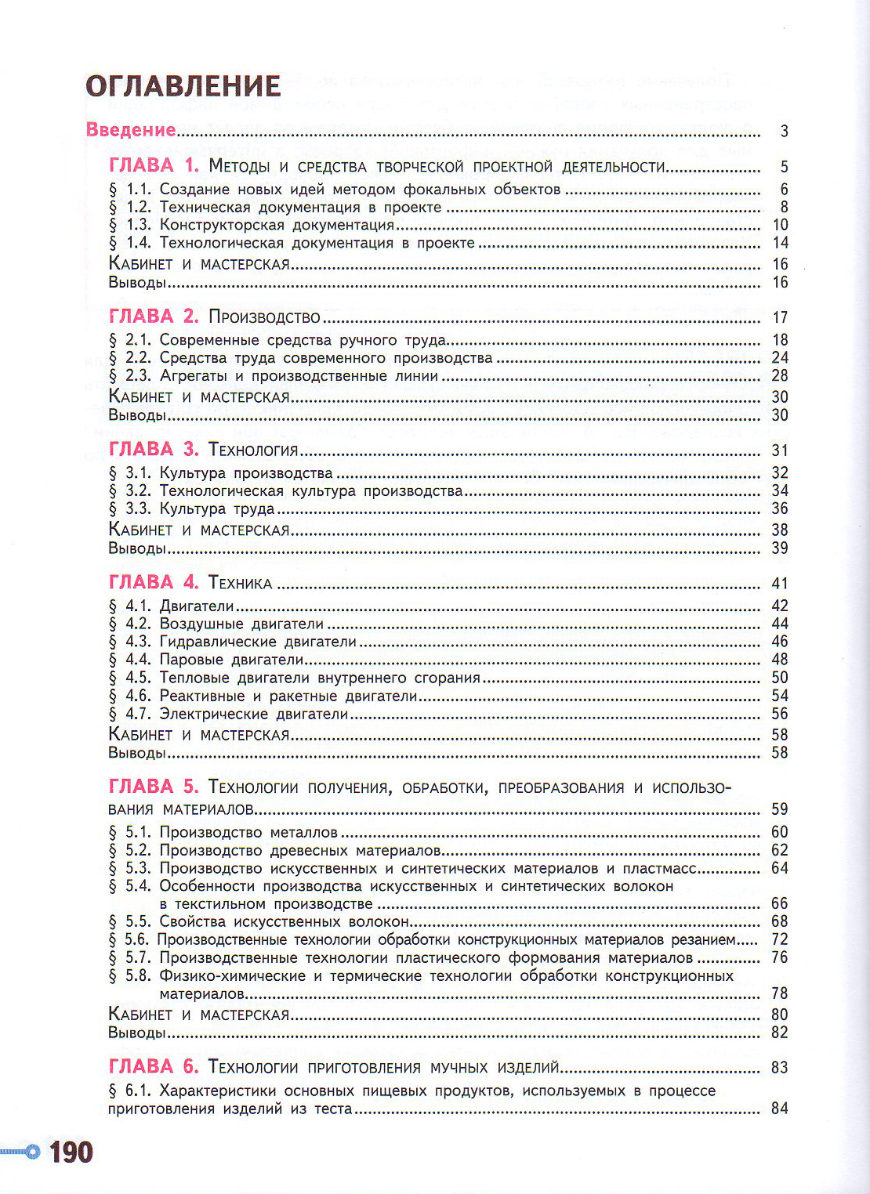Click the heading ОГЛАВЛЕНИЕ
coord(183,86)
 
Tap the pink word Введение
coord(130,130)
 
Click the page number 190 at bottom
coord(71,1152)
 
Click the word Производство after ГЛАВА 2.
coord(265,317)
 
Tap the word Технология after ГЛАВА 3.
coord(254,450)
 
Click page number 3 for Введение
coord(784,131)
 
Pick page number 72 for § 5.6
coord(779,939)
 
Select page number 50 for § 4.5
coord(779,678)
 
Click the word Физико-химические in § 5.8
coord(232,976)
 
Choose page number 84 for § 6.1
coord(779,1109)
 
